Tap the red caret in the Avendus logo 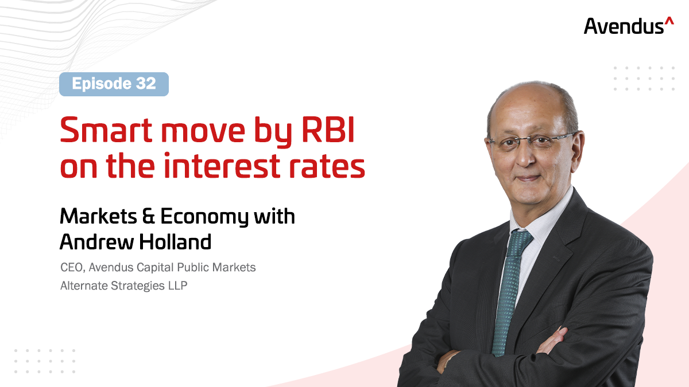(x=669, y=21)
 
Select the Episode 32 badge (x=114, y=84)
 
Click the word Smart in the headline (x=106, y=130)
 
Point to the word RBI (x=328, y=130)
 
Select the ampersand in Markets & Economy (x=149, y=216)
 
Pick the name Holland (x=175, y=242)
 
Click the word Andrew (x=97, y=242)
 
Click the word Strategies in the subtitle (x=137, y=286)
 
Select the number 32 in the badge (x=146, y=84)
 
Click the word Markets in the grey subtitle (x=234, y=267)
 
